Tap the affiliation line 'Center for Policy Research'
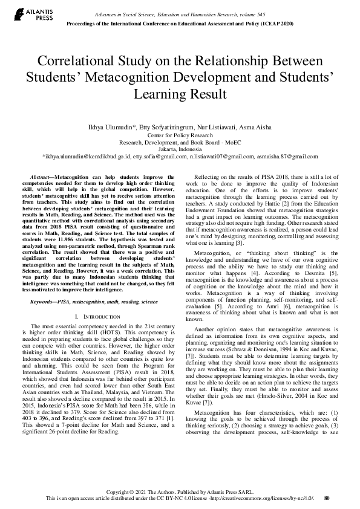(180, 135)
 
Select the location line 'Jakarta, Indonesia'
(180, 149)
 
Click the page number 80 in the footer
(327, 498)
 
